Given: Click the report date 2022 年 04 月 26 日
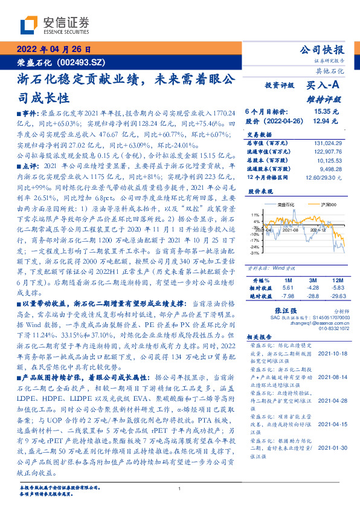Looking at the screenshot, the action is tap(52, 49).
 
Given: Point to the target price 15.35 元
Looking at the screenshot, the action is tap(327, 112).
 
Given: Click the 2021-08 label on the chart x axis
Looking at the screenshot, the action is tap(289, 247).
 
